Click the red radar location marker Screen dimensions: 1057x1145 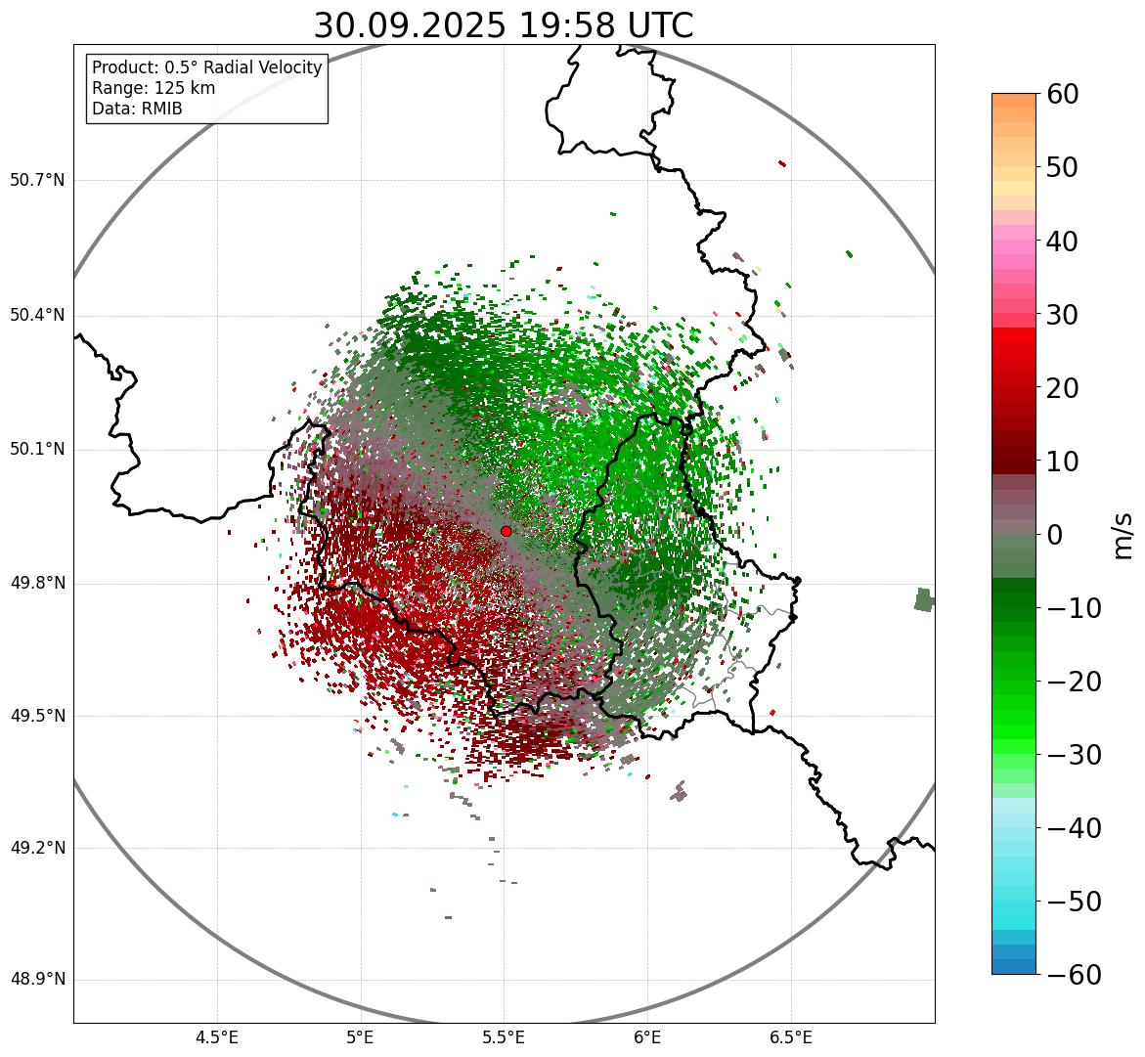click(506, 531)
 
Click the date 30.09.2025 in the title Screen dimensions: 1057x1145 click(409, 25)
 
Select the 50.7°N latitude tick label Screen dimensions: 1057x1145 click(37, 181)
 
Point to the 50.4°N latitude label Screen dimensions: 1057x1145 click(37, 315)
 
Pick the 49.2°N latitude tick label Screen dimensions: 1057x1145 click(37, 848)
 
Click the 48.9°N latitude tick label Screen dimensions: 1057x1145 click(37, 980)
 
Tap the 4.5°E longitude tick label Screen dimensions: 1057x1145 click(217, 1036)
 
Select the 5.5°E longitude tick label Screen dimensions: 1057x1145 click(504, 1036)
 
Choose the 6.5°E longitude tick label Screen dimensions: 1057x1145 click(790, 1036)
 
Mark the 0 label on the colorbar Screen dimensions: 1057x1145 click(1054, 535)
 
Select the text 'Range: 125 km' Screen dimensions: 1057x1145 click(154, 88)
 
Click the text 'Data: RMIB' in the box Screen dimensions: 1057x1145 click(137, 109)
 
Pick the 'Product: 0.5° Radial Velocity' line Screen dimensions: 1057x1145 click(206, 67)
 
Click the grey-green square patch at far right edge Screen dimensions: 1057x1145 click(924, 599)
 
